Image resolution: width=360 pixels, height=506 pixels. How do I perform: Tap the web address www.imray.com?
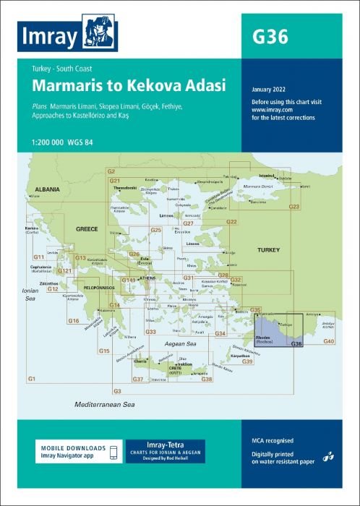click(270, 110)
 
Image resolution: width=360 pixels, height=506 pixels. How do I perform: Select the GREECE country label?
click(87, 229)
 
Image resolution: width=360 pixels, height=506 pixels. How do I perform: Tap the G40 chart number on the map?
click(329, 340)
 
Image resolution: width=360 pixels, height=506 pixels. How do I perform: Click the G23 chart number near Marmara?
click(294, 207)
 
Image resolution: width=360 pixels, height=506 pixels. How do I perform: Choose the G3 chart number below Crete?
click(117, 390)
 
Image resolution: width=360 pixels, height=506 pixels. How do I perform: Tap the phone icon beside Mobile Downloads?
click(112, 452)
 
